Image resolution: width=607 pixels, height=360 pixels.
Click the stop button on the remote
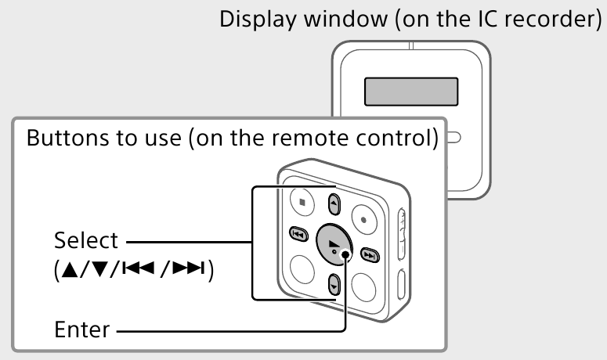pos(302,201)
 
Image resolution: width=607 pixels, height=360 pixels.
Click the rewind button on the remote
pos(298,233)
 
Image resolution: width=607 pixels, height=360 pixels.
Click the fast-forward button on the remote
pos(369,254)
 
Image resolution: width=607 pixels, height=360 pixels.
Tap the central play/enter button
pos(334,247)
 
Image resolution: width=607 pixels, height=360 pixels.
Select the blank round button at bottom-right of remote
pos(364,286)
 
